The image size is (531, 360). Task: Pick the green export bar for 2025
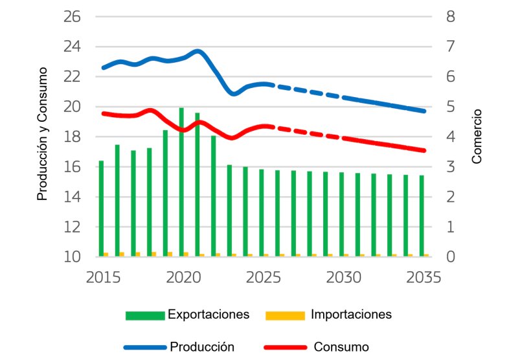click(x=262, y=213)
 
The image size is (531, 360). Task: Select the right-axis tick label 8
click(x=452, y=16)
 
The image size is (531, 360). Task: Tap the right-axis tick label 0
click(x=452, y=257)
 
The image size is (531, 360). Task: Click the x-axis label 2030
click(x=344, y=277)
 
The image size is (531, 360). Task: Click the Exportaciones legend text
click(x=209, y=315)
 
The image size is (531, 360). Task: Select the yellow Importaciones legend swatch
click(x=285, y=315)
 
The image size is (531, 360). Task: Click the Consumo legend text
click(x=341, y=347)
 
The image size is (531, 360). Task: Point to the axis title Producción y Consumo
click(x=43, y=133)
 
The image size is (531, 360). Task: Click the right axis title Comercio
click(x=477, y=136)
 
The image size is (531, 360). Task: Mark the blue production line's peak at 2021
click(x=198, y=51)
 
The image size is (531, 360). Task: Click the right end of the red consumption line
click(x=424, y=150)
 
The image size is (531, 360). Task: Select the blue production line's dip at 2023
click(x=234, y=94)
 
